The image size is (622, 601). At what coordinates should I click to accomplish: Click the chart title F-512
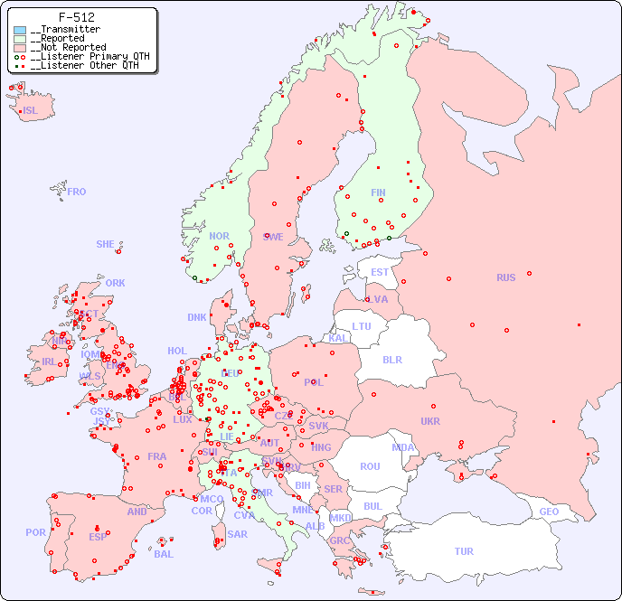click(76, 17)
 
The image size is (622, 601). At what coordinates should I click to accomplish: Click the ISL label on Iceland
click(31, 111)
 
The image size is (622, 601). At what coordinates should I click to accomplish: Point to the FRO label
click(77, 192)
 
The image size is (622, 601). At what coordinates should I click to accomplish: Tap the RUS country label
click(505, 277)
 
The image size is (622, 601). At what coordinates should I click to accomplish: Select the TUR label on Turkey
click(464, 551)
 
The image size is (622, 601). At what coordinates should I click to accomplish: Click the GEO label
click(549, 512)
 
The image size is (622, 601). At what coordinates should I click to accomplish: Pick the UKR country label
click(430, 421)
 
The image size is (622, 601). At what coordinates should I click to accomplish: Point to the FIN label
click(378, 193)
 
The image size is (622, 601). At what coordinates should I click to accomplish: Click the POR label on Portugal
click(35, 532)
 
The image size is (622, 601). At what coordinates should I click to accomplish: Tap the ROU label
click(370, 466)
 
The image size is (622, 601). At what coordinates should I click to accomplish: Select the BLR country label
click(391, 359)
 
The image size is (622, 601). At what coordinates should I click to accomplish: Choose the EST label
click(380, 272)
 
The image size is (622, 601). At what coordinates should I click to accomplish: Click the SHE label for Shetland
click(105, 244)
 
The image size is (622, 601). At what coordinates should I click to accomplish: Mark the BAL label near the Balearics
click(164, 554)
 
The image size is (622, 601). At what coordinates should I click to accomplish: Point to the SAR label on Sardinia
click(237, 534)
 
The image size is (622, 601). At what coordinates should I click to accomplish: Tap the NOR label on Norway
click(219, 236)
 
